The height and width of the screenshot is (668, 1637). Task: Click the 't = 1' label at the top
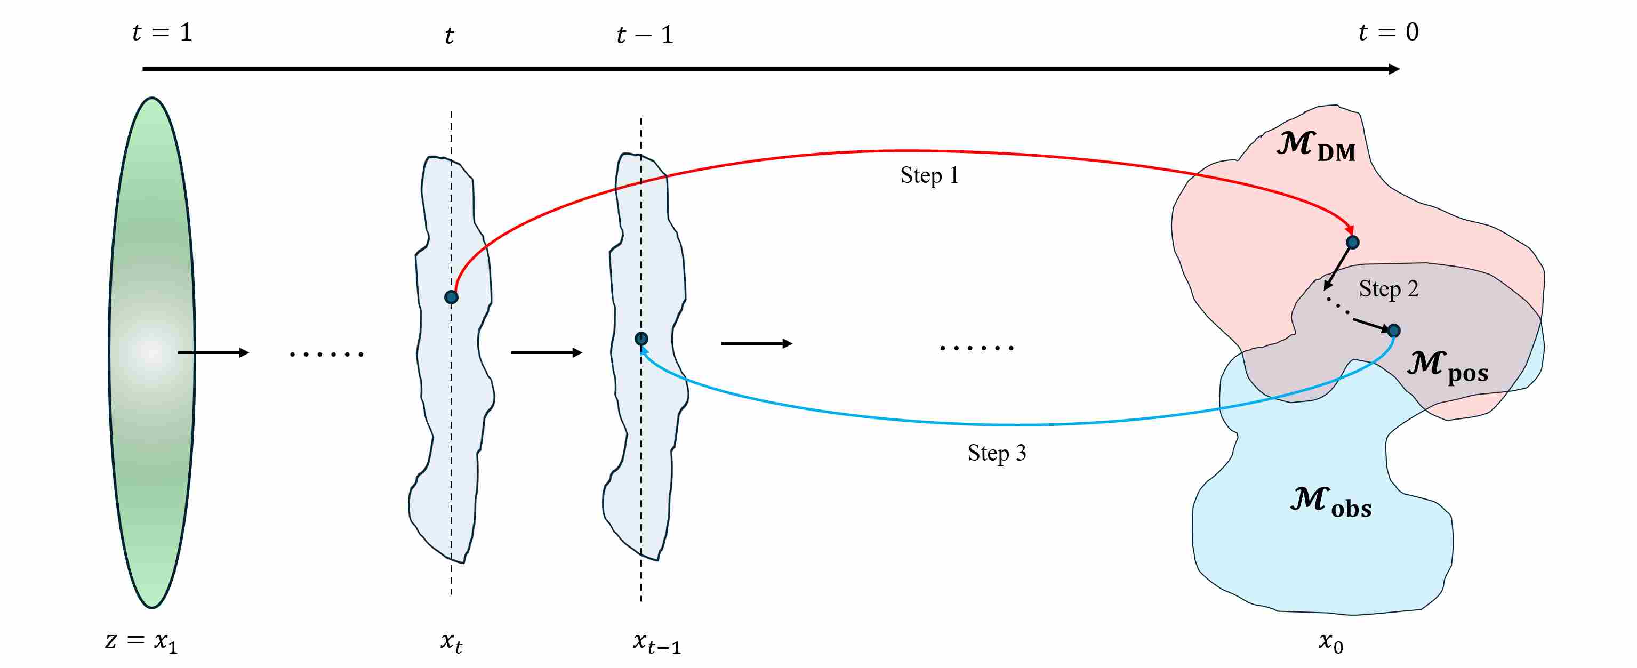pyautogui.click(x=162, y=32)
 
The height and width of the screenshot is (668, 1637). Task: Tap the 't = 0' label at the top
pyautogui.click(x=1389, y=32)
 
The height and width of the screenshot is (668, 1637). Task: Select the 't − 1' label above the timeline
pyautogui.click(x=644, y=34)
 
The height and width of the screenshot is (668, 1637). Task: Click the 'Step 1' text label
pyautogui.click(x=929, y=175)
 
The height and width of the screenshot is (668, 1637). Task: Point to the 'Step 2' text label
pyautogui.click(x=1389, y=289)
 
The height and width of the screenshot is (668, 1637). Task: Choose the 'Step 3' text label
pyautogui.click(x=997, y=453)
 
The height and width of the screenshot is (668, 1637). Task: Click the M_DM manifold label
pyautogui.click(x=1315, y=146)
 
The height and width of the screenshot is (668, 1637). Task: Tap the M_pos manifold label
pyautogui.click(x=1447, y=367)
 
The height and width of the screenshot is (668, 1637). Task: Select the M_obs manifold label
pyautogui.click(x=1330, y=502)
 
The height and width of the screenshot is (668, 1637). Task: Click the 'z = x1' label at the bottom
pyautogui.click(x=141, y=641)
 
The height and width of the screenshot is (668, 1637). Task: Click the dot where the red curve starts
pyautogui.click(x=451, y=297)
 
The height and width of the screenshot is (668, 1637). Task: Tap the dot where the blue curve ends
pyautogui.click(x=641, y=339)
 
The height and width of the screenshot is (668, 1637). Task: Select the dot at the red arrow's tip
pyautogui.click(x=1353, y=242)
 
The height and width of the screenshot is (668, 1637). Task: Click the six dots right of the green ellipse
pyautogui.click(x=327, y=354)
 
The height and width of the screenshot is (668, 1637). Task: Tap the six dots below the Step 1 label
pyautogui.click(x=977, y=348)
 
